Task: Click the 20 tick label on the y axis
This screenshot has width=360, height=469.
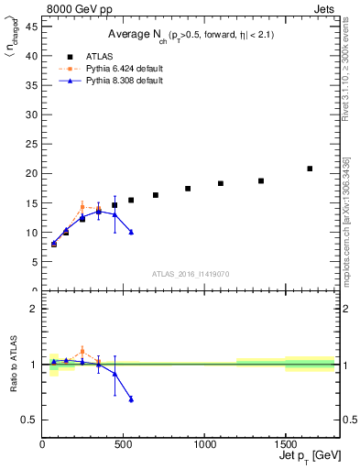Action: [x=33, y=173]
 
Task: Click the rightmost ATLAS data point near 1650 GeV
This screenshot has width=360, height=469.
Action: [x=310, y=169]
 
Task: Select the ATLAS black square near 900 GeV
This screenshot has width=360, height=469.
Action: [x=188, y=189]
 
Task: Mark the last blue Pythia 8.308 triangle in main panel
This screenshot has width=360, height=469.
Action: [x=131, y=232]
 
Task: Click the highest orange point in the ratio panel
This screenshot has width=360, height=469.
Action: [x=82, y=351]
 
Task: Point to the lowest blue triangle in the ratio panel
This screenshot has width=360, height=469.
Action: [x=131, y=398]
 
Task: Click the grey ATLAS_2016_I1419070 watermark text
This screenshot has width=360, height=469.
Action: [x=190, y=273]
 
